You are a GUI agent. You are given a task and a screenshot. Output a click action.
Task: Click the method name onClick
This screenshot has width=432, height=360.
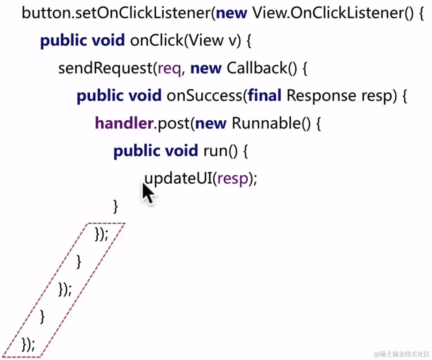(x=156, y=40)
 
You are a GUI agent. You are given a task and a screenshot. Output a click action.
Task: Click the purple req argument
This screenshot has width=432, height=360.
(x=169, y=68)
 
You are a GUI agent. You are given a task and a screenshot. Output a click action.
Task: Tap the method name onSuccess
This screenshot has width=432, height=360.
(x=204, y=96)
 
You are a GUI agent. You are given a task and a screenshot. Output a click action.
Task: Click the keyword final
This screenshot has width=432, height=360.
(x=265, y=96)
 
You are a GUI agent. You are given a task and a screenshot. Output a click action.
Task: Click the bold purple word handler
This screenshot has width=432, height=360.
(x=124, y=123)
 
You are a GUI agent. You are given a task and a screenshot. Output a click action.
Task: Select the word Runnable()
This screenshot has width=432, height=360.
(x=271, y=123)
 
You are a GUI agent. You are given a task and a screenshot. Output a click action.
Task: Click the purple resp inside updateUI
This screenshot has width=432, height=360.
(x=232, y=179)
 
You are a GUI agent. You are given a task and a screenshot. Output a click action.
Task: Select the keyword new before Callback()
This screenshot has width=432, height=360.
(x=206, y=68)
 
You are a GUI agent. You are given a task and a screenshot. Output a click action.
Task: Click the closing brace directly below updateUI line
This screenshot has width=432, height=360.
(x=116, y=206)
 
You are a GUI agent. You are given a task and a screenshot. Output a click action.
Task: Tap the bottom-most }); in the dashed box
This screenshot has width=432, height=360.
(x=28, y=344)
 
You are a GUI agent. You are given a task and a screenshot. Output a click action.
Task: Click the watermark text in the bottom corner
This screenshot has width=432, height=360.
(x=402, y=354)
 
